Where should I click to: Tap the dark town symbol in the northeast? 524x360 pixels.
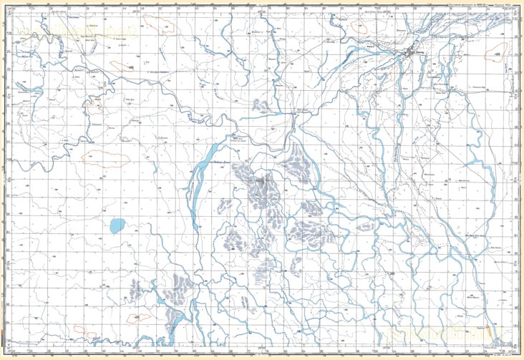tap(412, 54)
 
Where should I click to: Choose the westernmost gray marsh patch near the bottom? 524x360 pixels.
tap(136, 290)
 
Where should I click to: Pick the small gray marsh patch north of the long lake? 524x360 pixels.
tap(262, 107)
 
